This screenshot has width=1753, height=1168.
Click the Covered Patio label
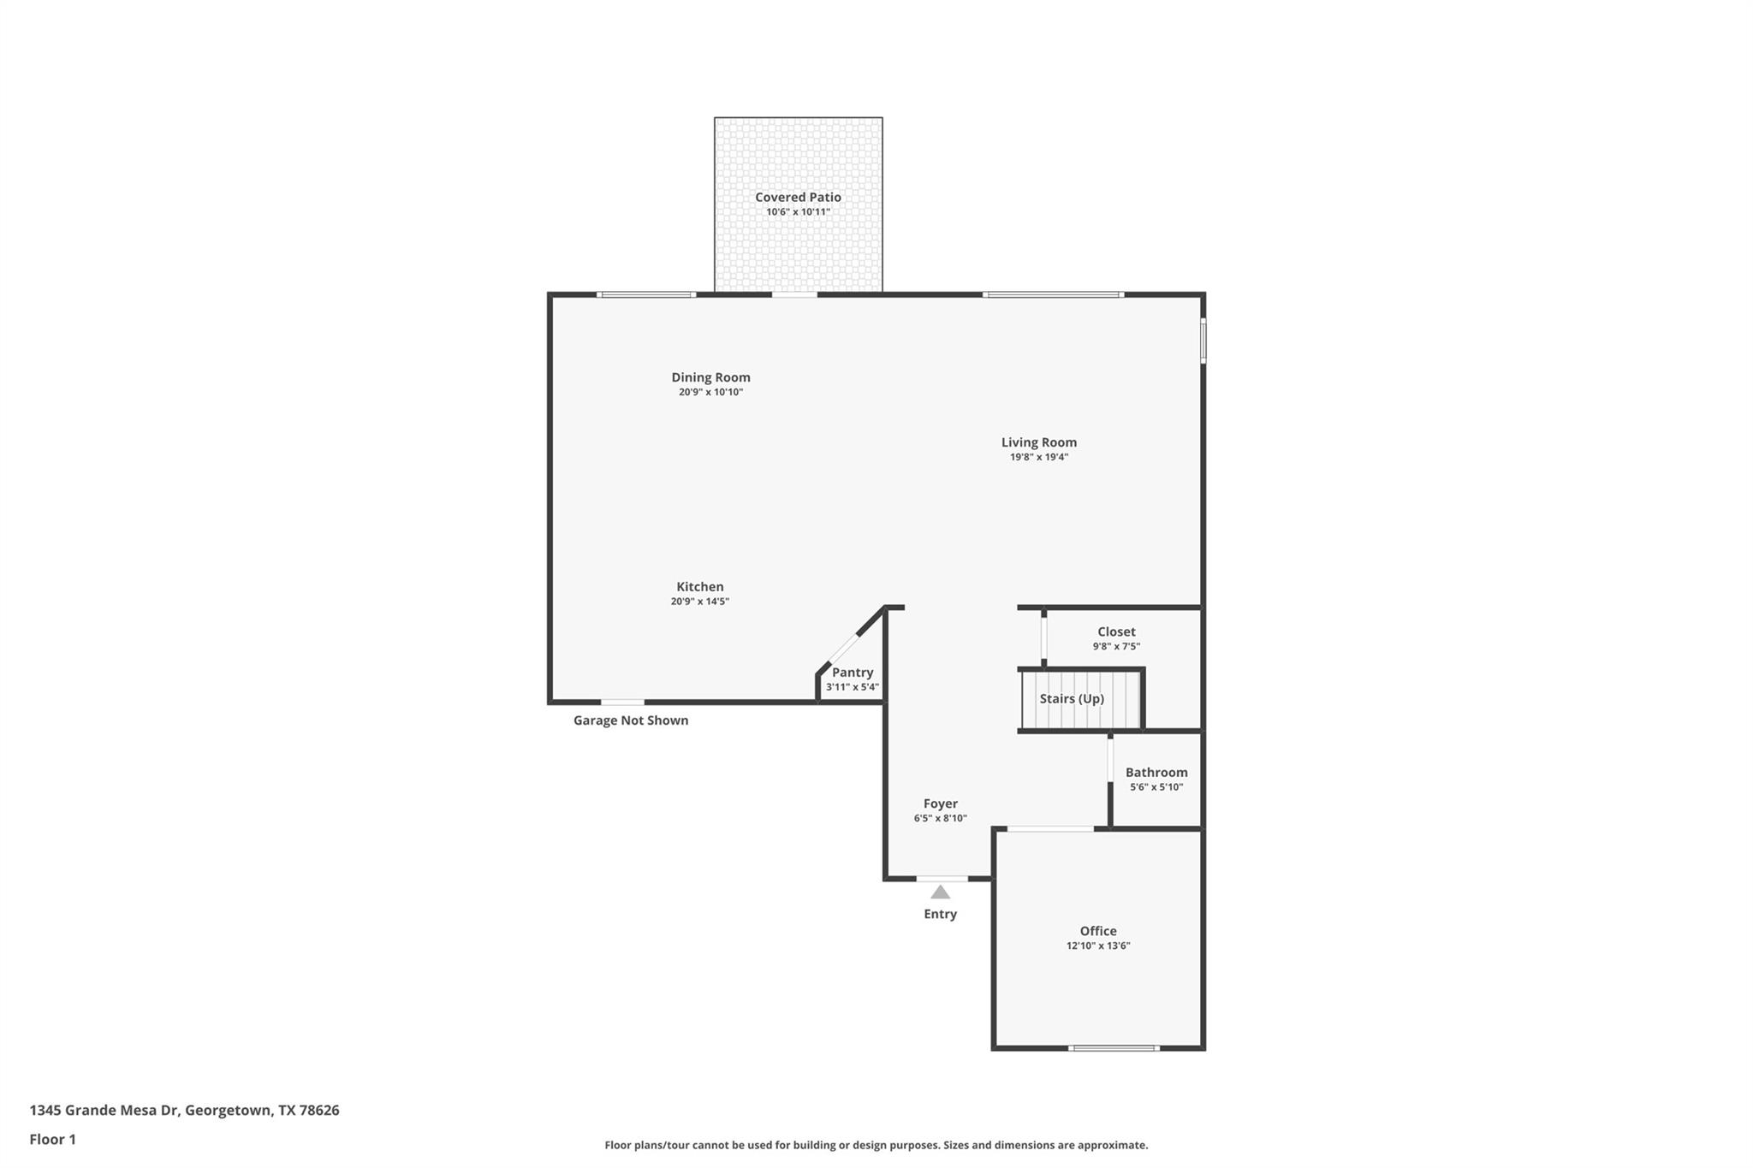pos(798,197)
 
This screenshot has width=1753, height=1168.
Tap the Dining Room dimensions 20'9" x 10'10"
pos(710,392)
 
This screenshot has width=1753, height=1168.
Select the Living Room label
pos(1038,442)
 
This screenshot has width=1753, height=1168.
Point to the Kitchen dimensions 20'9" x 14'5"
pos(699,602)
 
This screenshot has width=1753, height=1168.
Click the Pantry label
pos(853,673)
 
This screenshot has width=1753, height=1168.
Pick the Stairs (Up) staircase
pos(1081,700)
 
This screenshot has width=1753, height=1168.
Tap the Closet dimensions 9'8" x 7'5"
pos(1116,647)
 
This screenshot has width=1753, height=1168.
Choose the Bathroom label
pos(1156,772)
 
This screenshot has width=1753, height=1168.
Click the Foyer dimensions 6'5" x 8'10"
pos(940,818)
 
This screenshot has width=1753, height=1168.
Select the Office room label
pos(1097,931)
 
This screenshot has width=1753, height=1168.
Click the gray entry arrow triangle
pos(940,892)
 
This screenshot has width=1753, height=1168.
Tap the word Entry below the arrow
pos(940,914)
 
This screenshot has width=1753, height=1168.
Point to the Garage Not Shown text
pos(630,720)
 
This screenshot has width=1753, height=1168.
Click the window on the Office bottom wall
pos(1113,1047)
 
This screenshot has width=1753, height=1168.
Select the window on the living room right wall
pos(1203,341)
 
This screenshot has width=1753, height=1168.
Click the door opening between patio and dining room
pos(794,294)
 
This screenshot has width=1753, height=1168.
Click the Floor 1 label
pos(52,1139)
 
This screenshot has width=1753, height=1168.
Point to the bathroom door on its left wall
pos(1110,760)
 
